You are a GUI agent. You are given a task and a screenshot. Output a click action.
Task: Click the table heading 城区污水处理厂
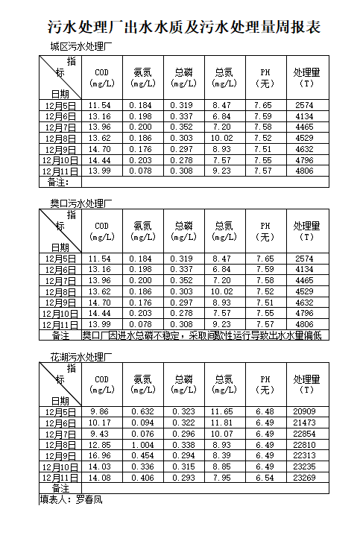pyautogui.click(x=80, y=47)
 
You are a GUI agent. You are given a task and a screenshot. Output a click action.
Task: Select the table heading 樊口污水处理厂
pyautogui.click(x=80, y=203)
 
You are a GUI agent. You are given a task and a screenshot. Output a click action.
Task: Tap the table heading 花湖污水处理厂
pyautogui.click(x=80, y=357)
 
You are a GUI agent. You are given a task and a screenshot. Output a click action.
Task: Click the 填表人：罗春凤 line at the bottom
pyautogui.click(x=71, y=500)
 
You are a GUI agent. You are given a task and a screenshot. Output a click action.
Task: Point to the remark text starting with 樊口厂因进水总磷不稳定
pyautogui.click(x=201, y=336)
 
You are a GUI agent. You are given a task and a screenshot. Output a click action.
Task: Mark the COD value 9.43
pyautogui.click(x=100, y=434)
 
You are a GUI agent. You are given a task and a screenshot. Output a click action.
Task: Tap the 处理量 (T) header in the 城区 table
pyautogui.click(x=306, y=77)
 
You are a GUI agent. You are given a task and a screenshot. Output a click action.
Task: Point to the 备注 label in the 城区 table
pyautogui.click(x=59, y=182)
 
